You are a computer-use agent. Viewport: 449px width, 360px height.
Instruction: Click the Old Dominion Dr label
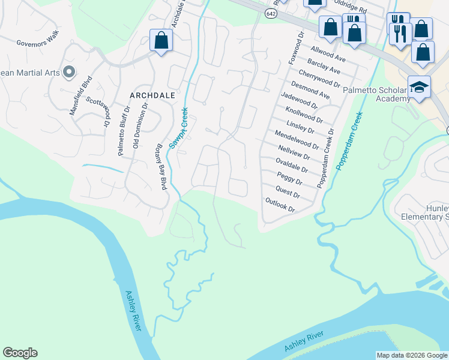[140, 125]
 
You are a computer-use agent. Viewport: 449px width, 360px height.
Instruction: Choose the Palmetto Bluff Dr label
[124, 131]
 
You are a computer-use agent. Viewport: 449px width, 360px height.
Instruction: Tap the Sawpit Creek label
[179, 128]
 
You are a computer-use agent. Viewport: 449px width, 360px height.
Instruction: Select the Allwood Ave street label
[328, 53]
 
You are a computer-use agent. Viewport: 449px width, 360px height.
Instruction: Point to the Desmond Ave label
[310, 91]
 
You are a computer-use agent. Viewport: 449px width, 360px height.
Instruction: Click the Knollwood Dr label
[304, 112]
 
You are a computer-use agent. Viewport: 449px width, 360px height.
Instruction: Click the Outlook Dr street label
[280, 205]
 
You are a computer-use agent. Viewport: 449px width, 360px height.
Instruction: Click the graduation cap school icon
[418, 86]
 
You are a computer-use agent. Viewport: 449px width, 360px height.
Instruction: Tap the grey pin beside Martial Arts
[68, 73]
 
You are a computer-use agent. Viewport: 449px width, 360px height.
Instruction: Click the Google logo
[20, 353]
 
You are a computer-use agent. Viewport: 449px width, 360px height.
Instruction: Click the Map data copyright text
[412, 355]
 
